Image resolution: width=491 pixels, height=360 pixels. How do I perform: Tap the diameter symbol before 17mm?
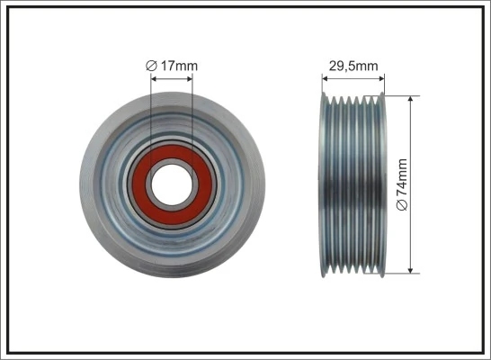(x=151, y=65)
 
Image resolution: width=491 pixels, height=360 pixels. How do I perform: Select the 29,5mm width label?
(x=353, y=65)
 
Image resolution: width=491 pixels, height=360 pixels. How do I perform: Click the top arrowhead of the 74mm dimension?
(x=412, y=97)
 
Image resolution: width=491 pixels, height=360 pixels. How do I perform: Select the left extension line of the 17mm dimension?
(x=151, y=117)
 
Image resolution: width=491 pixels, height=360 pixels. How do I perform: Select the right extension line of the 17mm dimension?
(x=191, y=117)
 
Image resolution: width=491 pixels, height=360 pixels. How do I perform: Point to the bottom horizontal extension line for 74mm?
(x=400, y=274)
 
